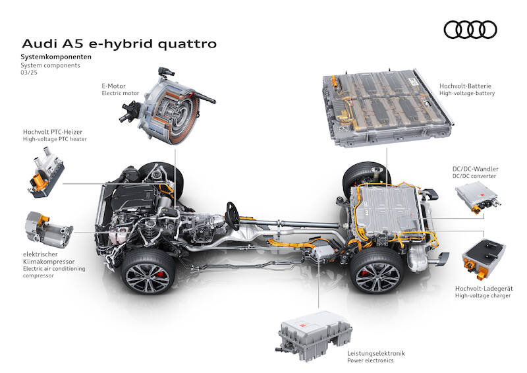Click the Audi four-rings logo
[470, 30]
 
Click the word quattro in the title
[187, 44]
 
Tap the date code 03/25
[29, 72]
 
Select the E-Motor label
[113, 86]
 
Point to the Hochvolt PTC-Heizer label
[53, 132]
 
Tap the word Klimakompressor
[49, 262]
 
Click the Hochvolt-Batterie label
[465, 86]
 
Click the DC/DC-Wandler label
[475, 169]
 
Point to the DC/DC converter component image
[478, 197]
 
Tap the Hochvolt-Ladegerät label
[484, 289]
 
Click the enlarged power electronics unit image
[314, 335]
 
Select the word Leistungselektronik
[376, 353]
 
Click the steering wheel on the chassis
[233, 215]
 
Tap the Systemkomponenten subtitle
[56, 57]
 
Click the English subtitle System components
[51, 65]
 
